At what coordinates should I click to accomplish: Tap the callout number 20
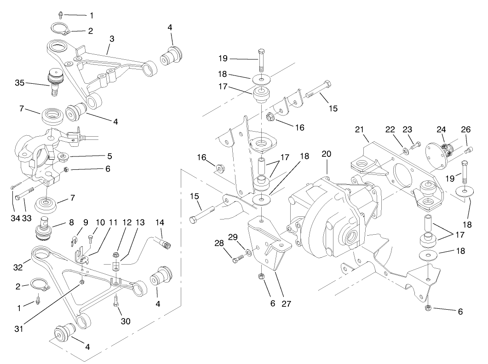coord(326,154)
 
